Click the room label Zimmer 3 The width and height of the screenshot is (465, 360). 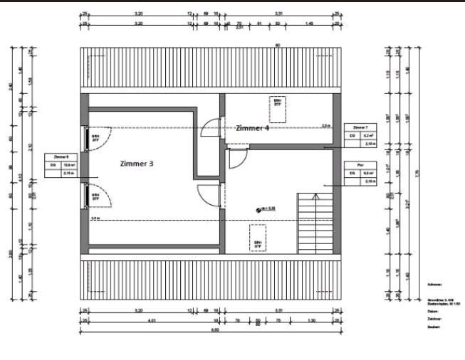click(137, 163)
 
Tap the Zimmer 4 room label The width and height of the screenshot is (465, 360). click(253, 129)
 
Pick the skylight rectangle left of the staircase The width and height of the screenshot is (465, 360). click(257, 238)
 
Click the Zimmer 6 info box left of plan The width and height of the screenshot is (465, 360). click(61, 164)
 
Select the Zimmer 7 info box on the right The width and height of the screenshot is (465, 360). click(360, 135)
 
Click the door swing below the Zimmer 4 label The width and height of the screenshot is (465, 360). click(237, 155)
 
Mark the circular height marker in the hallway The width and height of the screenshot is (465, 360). click(258, 209)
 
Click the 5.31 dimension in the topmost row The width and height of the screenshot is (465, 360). click(278, 14)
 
